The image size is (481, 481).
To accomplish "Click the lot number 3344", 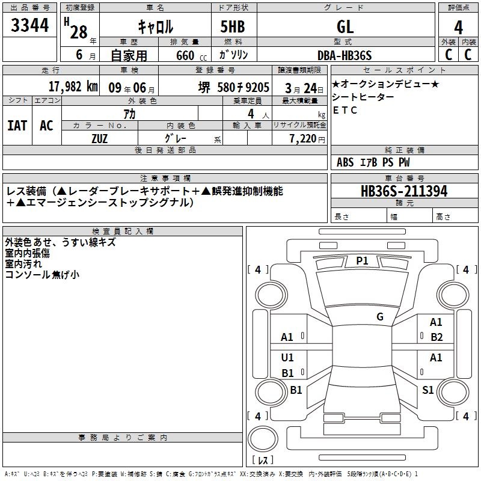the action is pos(29,25).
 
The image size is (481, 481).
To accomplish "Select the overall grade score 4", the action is pos(458,28).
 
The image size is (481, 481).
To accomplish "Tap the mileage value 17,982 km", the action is pos(73,87).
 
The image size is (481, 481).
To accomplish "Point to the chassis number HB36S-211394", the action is pos(404,191).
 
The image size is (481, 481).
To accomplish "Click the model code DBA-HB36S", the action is pos(345,55).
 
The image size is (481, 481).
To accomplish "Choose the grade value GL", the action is pos(345,27).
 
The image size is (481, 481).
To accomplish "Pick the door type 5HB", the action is pos(233,26).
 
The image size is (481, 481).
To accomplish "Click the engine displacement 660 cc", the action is pos(191,56).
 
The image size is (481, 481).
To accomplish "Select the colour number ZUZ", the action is pos(99,139).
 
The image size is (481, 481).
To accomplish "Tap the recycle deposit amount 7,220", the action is pos(303,139).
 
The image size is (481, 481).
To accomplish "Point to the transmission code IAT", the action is pos(17,126).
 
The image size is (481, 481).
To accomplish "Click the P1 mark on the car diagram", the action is pos(362,261).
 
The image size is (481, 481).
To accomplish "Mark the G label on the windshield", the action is pos(380,316).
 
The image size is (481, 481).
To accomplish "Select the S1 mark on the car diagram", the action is pos(427,390).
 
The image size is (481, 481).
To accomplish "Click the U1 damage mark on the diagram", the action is pos(287,357).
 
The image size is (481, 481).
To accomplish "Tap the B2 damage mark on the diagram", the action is pos(437,337).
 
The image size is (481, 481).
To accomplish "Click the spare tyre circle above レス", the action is pos(263,439).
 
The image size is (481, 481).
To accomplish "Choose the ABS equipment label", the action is pos(345,162).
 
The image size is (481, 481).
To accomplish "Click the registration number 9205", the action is pos(257,87).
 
